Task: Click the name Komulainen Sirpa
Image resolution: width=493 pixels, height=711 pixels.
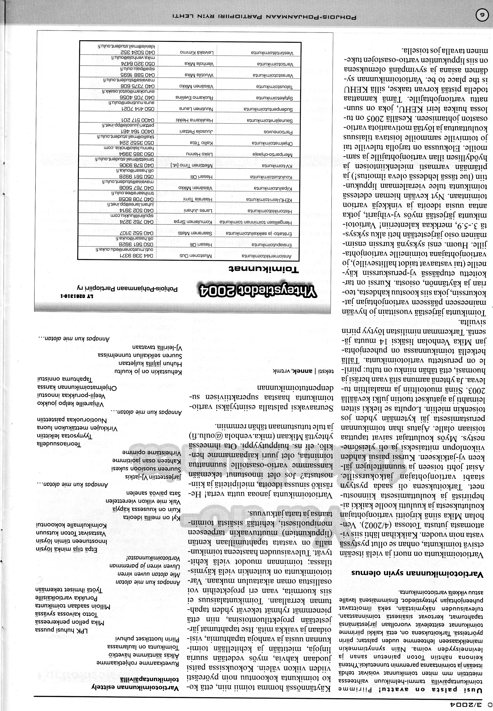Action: pyautogui.click(x=193, y=222)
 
